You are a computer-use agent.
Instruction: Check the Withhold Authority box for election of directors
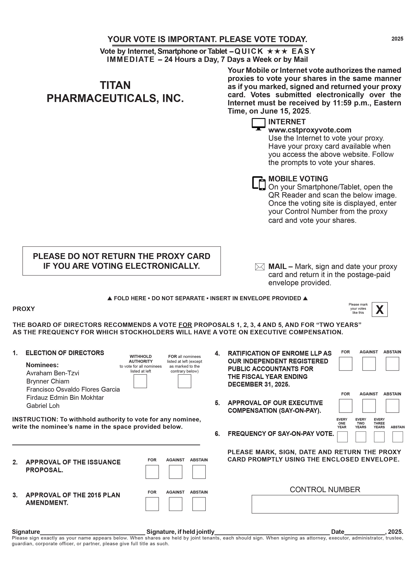[x=140, y=381]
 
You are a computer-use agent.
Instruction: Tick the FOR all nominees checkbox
[x=184, y=381]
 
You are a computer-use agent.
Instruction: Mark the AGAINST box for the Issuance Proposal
[x=175, y=472]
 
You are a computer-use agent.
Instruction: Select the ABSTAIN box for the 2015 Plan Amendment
[x=199, y=504]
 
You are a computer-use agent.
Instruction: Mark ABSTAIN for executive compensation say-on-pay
[x=392, y=406]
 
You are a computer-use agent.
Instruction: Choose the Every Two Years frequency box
[x=361, y=437]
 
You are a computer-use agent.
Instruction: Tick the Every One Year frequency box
[x=342, y=437]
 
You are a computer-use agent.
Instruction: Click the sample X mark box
[x=380, y=310]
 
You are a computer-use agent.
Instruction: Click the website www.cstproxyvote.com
[x=310, y=130]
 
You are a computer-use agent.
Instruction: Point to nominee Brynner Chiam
[x=48, y=381]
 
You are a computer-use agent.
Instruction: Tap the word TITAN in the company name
[x=115, y=85]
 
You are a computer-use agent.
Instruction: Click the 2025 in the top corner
[x=397, y=39]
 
